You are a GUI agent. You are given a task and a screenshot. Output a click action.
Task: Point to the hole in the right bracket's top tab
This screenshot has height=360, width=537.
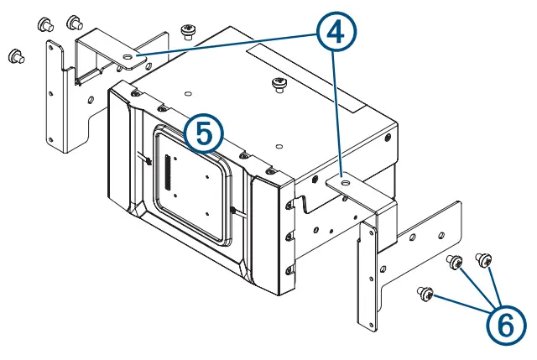tap(344, 179)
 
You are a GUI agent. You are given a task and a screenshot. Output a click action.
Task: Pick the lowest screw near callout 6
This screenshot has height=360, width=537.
tap(426, 294)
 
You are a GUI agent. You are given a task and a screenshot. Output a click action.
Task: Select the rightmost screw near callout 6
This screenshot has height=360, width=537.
tap(483, 258)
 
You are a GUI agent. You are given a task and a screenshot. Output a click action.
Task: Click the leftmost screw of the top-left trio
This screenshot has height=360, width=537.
tap(14, 56)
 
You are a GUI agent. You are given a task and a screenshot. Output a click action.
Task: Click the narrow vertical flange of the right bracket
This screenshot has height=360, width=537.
tap(367, 277)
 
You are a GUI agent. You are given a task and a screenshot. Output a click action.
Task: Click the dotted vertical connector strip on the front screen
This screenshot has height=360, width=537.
tap(167, 172)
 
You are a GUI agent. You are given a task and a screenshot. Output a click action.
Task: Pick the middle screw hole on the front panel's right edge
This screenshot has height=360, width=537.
tap(289, 237)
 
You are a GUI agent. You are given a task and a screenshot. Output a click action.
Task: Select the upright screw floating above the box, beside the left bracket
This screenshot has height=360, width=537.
tap(187, 33)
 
